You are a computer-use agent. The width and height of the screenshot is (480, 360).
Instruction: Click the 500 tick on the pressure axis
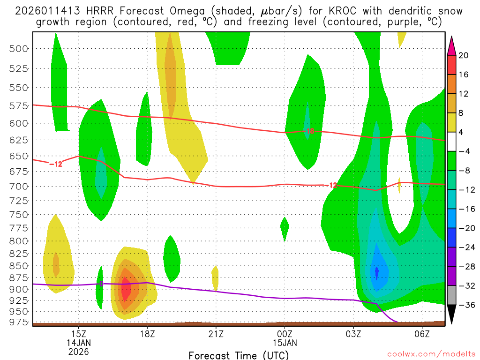[19, 48]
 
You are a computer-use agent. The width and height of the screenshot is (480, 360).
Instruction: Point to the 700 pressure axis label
[19, 186]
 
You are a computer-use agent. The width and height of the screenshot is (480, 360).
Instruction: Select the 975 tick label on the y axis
[19, 322]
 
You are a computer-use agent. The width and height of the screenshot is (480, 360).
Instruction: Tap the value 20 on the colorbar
[464, 55]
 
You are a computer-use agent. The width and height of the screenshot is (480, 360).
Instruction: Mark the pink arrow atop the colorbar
[452, 45]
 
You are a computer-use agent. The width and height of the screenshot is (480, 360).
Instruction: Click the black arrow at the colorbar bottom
[452, 315]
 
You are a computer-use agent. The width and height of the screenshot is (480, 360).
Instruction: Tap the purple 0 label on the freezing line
[100, 284]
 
